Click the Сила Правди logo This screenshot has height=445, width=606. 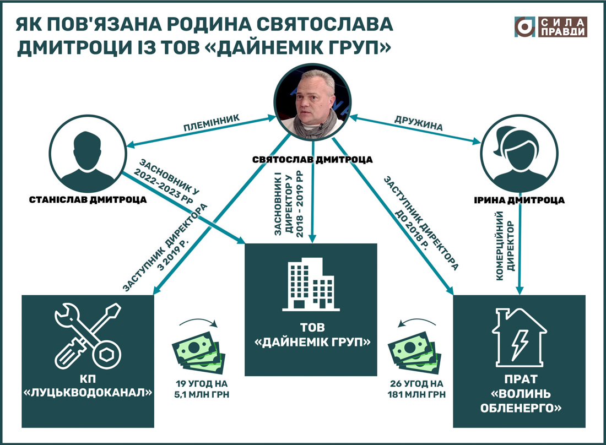pyautogui.click(x=551, y=27)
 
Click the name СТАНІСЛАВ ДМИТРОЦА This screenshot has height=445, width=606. pyautogui.click(x=88, y=200)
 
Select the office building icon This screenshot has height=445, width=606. pyautogui.click(x=312, y=284)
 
